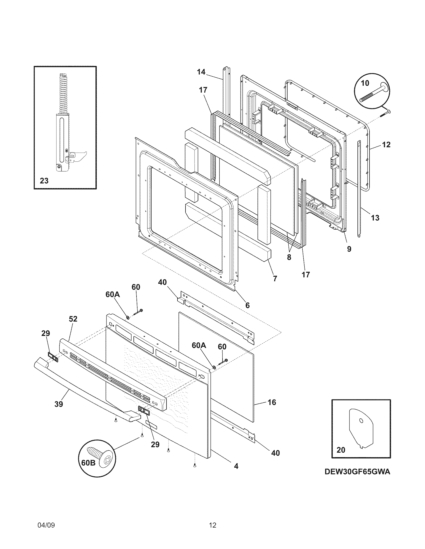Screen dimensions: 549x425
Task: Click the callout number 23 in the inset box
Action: [44, 180]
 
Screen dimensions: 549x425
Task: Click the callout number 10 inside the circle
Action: [365, 83]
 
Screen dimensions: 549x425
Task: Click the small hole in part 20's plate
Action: [361, 420]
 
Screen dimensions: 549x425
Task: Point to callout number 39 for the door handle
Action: [59, 404]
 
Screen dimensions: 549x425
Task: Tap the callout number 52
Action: [73, 319]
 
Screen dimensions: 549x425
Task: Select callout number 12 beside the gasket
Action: [386, 144]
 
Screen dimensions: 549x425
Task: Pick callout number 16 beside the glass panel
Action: [272, 402]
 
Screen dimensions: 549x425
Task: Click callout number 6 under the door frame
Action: [247, 305]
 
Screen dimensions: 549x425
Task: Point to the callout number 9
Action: [349, 249]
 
